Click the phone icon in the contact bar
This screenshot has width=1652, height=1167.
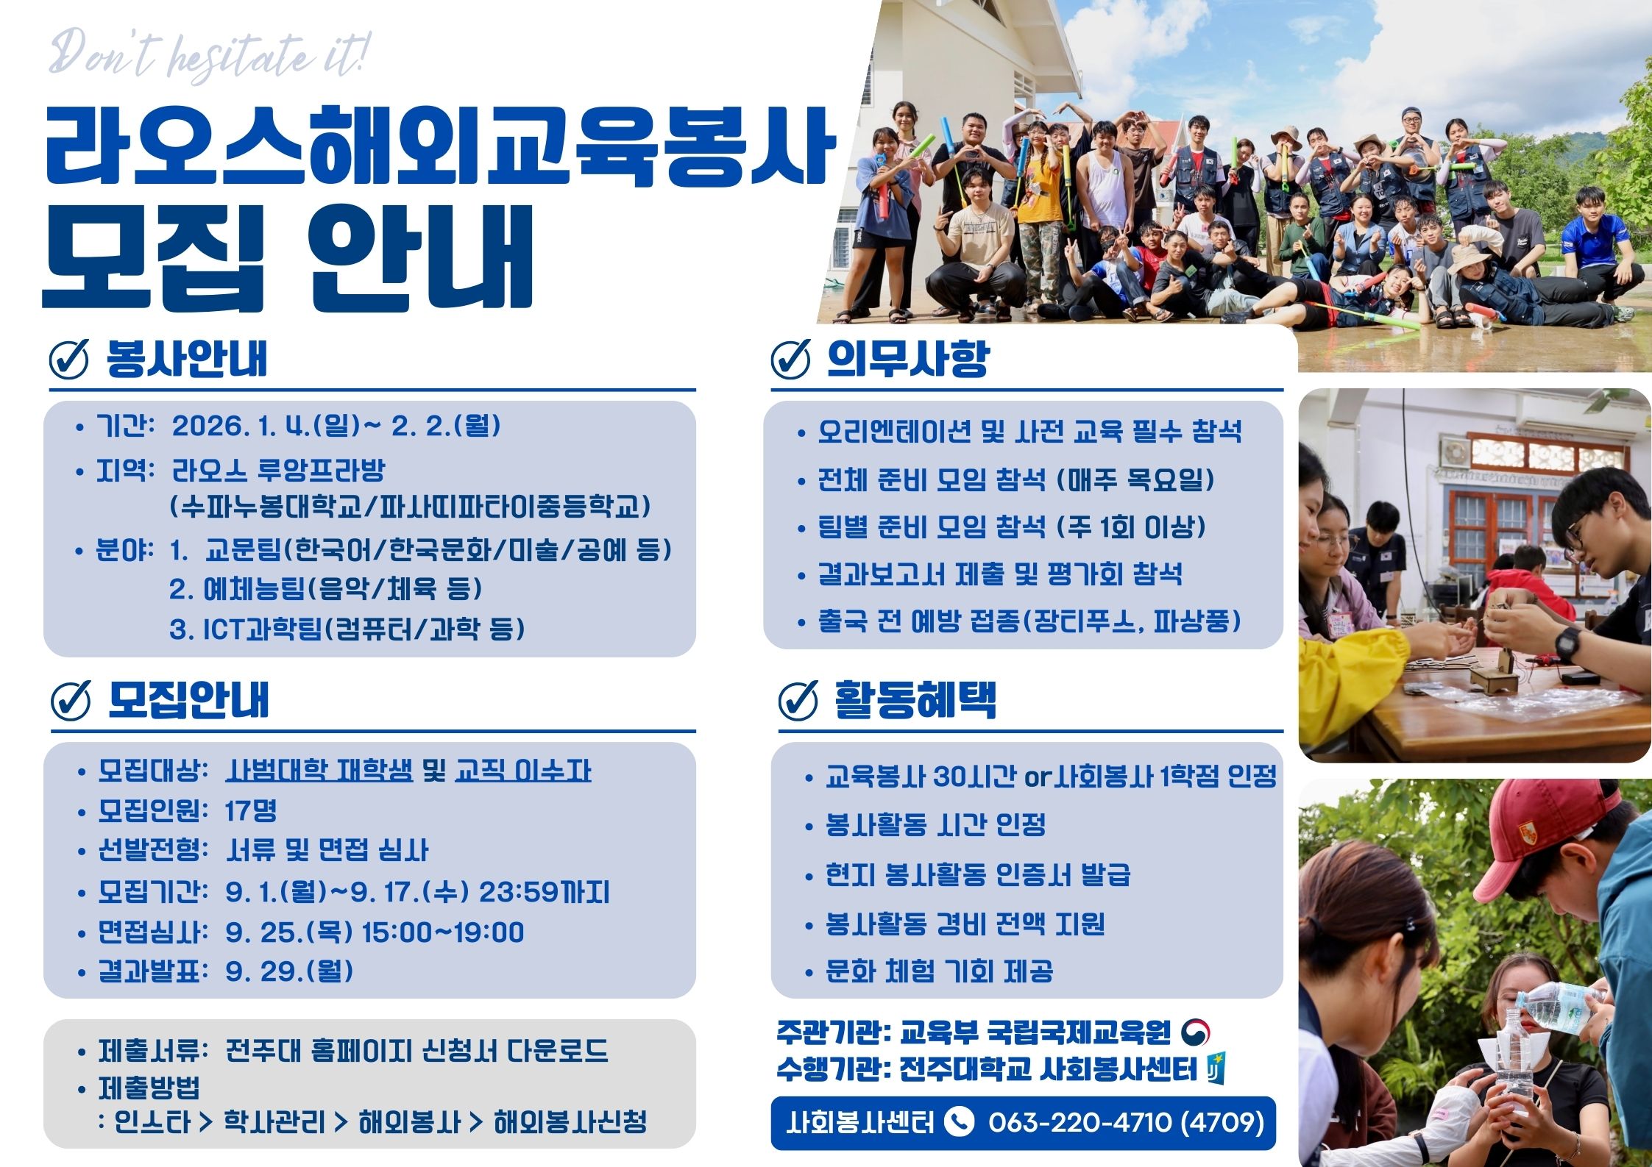(x=959, y=1121)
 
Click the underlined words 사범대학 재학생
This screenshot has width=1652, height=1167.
(x=319, y=771)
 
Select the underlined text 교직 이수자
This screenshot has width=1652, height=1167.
(x=523, y=771)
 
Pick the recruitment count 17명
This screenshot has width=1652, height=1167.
(x=251, y=810)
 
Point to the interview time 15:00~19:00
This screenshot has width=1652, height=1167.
(x=443, y=932)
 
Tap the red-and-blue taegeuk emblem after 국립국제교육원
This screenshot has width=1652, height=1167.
(x=1196, y=1032)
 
